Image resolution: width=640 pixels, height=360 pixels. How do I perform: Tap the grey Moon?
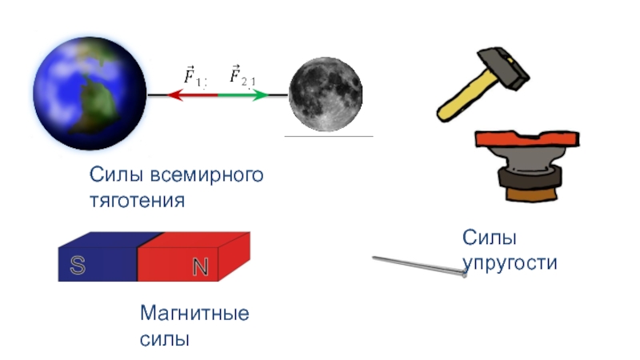click(326, 94)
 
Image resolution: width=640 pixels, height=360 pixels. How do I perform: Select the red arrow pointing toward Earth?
click(192, 94)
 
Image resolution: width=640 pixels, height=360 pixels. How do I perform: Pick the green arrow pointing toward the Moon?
click(244, 94)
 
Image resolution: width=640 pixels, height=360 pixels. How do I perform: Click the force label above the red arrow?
click(195, 77)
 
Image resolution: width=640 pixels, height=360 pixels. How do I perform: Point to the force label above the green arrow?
click(242, 76)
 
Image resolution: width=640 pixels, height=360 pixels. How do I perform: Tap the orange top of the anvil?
click(525, 142)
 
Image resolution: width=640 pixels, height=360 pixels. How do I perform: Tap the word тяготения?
click(137, 200)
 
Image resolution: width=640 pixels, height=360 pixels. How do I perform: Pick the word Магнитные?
click(194, 312)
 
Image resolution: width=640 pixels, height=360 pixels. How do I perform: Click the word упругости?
click(510, 262)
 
